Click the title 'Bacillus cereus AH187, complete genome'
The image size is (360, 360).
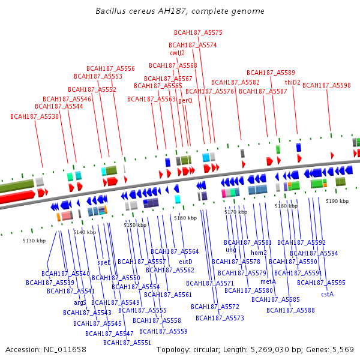[180, 11]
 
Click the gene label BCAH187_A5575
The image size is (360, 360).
[198, 32]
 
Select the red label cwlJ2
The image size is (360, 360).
[177, 53]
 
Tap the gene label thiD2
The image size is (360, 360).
[293, 82]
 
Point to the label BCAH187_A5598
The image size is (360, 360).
[326, 86]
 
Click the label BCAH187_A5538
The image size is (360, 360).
[35, 116]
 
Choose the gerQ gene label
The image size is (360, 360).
[185, 101]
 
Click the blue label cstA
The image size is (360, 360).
[327, 294]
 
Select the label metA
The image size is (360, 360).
[268, 281]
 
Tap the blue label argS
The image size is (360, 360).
[80, 302]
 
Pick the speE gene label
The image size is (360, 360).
[104, 262]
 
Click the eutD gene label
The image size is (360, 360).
[186, 262]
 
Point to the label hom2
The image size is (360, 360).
[259, 253]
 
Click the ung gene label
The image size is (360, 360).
[231, 250]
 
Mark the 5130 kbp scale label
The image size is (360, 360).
[34, 241]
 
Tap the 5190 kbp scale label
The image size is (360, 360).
[337, 202]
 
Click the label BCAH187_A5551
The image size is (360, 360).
[127, 343]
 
